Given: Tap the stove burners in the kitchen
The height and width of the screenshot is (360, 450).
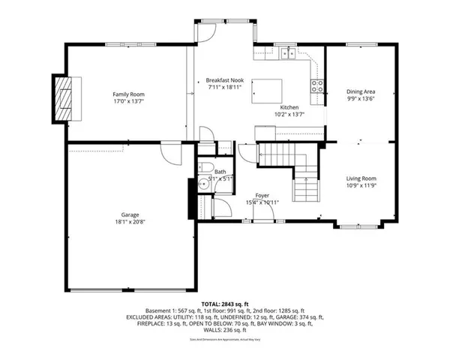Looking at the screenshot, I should [x=317, y=85].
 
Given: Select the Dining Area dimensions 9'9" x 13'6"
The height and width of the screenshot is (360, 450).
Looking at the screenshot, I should [x=361, y=97].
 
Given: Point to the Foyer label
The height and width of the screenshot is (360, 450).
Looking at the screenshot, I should [x=262, y=195].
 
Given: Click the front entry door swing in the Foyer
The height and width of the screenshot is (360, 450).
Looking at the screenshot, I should [x=263, y=211].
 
